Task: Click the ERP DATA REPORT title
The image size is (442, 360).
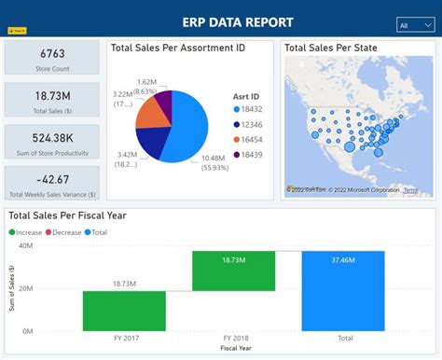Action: [239, 21]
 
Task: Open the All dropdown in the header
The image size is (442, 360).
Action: [414, 25]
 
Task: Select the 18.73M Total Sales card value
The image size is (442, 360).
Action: [52, 96]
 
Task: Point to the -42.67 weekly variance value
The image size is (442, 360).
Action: [52, 179]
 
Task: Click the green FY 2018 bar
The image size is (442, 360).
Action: [233, 270]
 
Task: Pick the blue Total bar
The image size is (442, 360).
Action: [342, 290]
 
